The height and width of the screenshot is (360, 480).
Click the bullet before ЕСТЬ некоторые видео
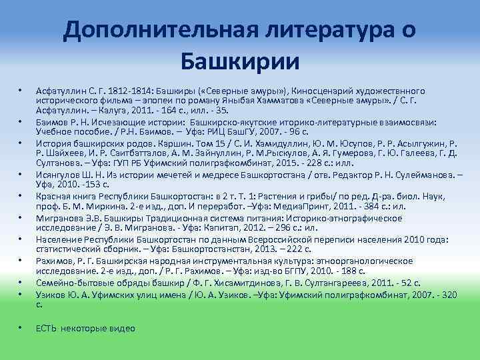click(x=21, y=327)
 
